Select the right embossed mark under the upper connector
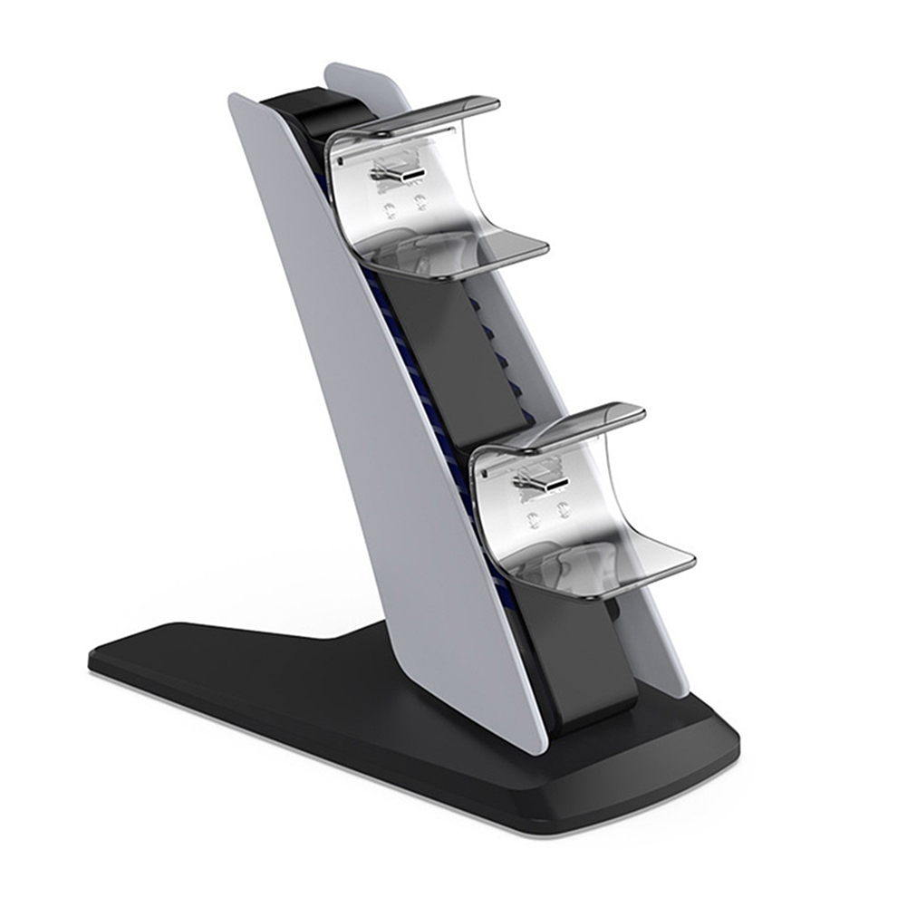418,202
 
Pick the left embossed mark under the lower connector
533,521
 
